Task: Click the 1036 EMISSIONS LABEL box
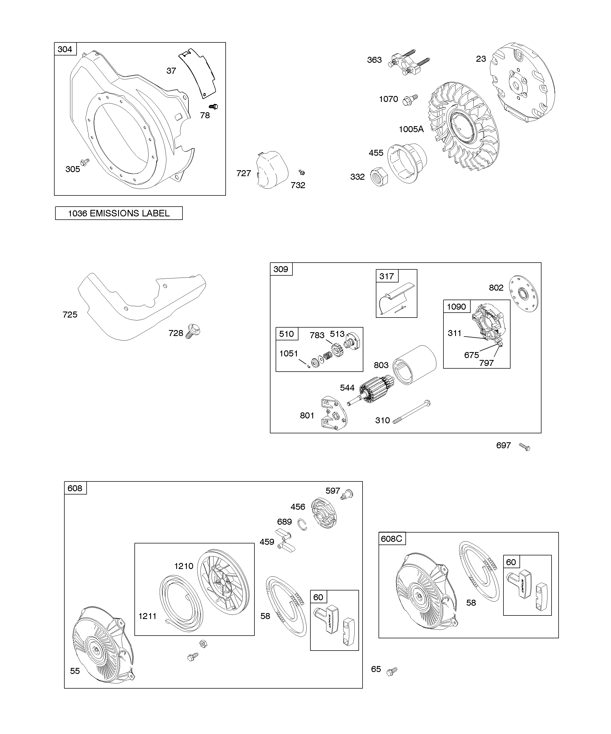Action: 119,213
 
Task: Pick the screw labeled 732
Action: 302,172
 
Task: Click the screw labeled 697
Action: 524,447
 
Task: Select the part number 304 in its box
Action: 65,49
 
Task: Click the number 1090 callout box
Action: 456,307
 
